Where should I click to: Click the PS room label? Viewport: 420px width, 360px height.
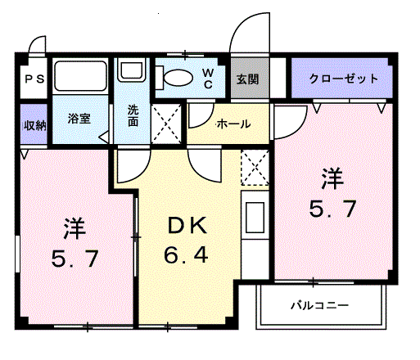(34, 79)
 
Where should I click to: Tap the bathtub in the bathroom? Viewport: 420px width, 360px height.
(80, 75)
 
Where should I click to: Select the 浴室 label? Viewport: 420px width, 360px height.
(79, 119)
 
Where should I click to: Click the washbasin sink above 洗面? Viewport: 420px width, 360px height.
(132, 70)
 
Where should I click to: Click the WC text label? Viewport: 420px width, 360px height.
(208, 79)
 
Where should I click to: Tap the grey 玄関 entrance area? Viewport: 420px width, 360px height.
(250, 78)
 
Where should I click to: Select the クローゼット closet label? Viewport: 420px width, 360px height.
(343, 79)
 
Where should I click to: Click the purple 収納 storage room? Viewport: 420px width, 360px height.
(34, 124)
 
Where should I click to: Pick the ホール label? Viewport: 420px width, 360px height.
(233, 124)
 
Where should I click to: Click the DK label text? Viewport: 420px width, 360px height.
(187, 226)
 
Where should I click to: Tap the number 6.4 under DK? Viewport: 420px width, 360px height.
(186, 254)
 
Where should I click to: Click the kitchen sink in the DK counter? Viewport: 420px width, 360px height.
(255, 218)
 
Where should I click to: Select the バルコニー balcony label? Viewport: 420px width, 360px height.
(319, 305)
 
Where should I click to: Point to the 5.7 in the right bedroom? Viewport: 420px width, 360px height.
(332, 209)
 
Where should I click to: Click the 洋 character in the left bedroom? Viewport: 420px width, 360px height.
(75, 228)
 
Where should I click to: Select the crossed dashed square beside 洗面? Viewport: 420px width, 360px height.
(166, 124)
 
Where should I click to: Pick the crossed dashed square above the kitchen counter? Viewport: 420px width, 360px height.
(255, 167)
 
